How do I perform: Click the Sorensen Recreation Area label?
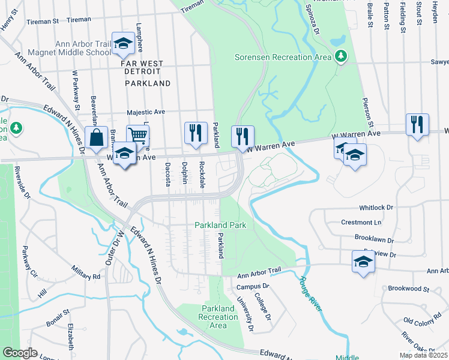click(x=282, y=57)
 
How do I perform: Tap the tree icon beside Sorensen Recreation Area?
click(x=342, y=56)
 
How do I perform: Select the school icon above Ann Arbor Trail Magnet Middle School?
click(x=123, y=43)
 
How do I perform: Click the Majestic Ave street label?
click(x=145, y=112)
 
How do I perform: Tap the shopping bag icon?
click(x=96, y=138)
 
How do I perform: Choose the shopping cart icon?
click(x=137, y=135)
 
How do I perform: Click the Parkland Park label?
click(x=220, y=225)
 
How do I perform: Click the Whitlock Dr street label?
click(x=376, y=208)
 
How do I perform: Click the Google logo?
click(x=20, y=353)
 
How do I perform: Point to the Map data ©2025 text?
click(x=423, y=355)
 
